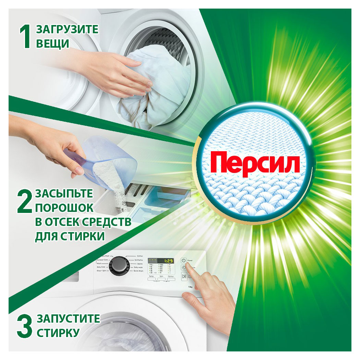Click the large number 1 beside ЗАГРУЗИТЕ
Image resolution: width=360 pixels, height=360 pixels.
26,37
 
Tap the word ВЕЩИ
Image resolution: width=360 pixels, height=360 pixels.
53,44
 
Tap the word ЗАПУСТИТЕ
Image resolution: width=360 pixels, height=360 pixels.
68,319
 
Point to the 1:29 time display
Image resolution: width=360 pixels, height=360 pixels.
167,261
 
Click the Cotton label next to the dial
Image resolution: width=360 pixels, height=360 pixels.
140,256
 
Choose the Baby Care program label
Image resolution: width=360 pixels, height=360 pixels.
101,267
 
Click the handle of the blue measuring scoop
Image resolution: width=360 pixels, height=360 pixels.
74,158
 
